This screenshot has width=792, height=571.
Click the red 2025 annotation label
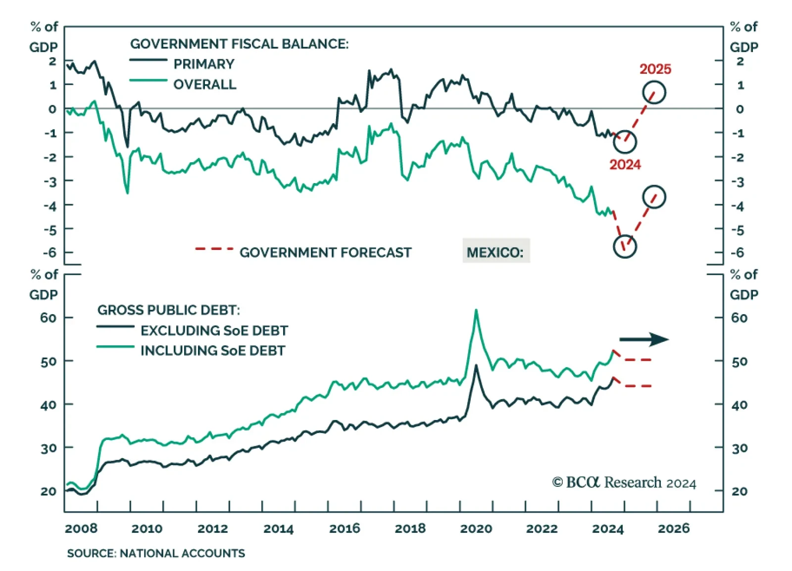click(x=655, y=69)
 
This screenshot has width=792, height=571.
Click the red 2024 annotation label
click(x=625, y=164)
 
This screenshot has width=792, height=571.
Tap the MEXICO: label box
click(x=495, y=252)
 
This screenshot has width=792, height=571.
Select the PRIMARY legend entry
click(x=203, y=64)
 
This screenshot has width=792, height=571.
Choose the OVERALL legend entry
click(x=204, y=84)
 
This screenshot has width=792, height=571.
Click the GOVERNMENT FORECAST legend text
click(x=325, y=252)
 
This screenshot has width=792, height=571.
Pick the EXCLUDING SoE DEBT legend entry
click(x=214, y=330)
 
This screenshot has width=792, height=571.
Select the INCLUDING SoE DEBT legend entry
click(x=213, y=350)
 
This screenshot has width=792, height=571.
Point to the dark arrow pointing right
click(x=643, y=339)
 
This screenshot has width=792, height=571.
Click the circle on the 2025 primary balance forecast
click(x=654, y=93)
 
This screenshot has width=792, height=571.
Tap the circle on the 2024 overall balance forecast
click(x=625, y=246)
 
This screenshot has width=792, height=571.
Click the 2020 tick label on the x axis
click(x=476, y=528)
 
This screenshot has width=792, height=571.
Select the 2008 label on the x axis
click(x=81, y=528)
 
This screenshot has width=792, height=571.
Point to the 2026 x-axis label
click(x=673, y=528)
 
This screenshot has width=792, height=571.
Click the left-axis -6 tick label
click(x=49, y=252)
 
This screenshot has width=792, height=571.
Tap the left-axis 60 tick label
click(x=49, y=318)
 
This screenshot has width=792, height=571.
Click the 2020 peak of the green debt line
click(x=476, y=311)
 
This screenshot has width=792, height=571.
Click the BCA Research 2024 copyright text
click(x=624, y=482)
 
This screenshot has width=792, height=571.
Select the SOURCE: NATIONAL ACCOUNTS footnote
click(x=156, y=553)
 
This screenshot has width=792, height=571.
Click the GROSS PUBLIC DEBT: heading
click(x=168, y=310)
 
